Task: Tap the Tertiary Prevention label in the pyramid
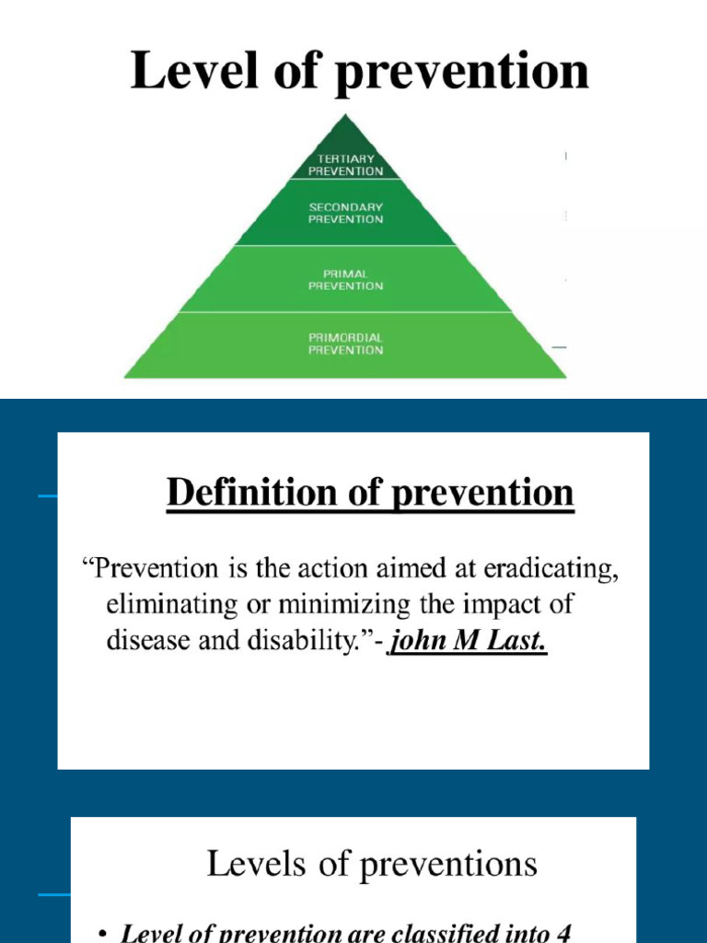point(345,165)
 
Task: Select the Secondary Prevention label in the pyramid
point(345,214)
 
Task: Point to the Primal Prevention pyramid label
point(345,280)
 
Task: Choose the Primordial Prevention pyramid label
point(345,343)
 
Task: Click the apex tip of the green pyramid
point(345,116)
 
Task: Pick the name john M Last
point(469,639)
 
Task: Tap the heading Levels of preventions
point(372,864)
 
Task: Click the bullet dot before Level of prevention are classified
point(102,934)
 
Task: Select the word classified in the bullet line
point(459,933)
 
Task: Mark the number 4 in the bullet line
point(562,933)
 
